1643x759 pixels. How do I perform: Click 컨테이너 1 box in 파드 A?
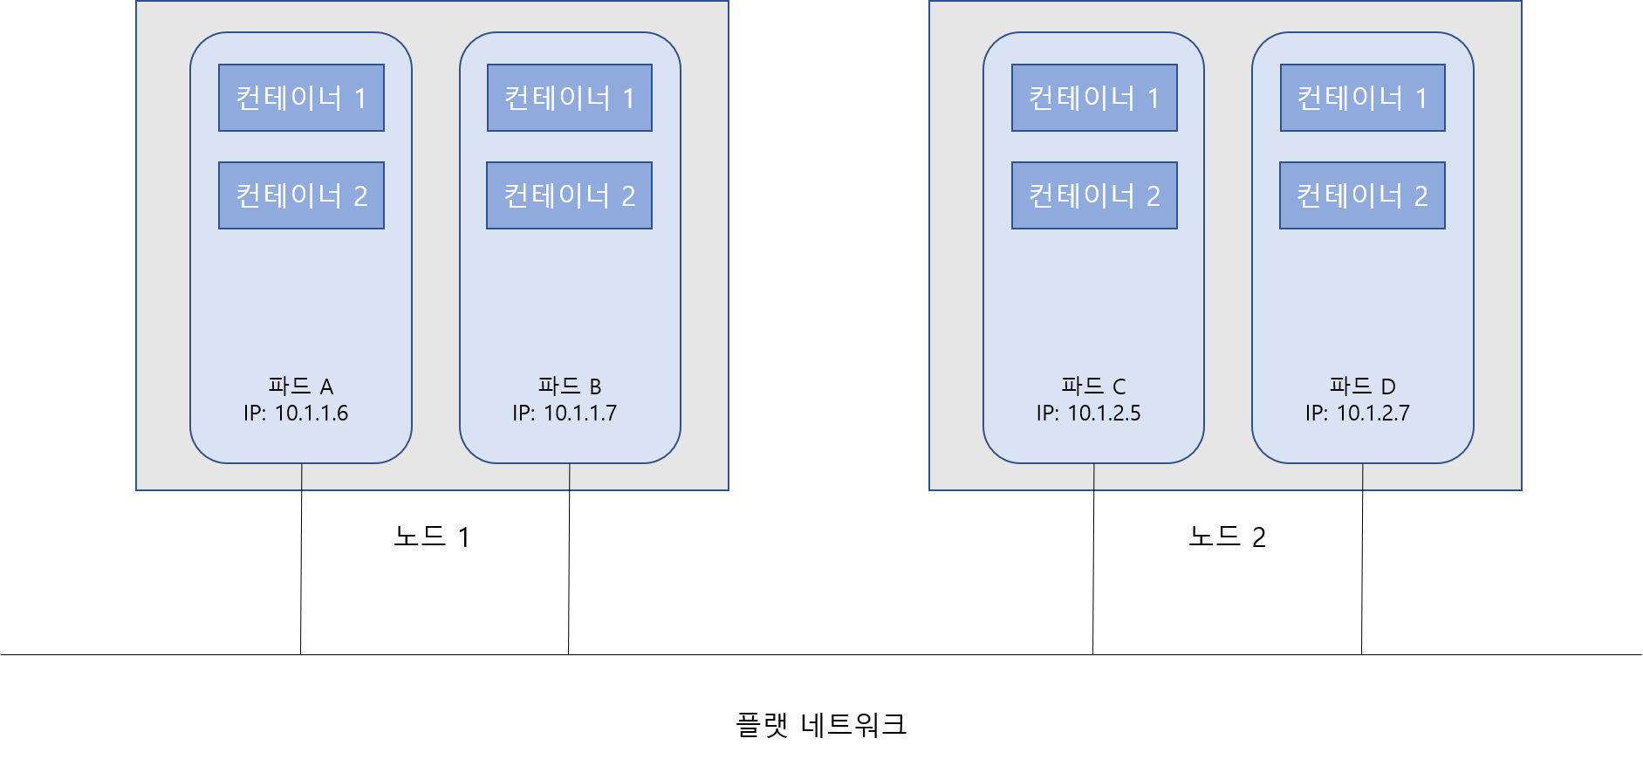click(301, 98)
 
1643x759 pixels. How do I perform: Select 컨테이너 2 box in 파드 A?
click(301, 195)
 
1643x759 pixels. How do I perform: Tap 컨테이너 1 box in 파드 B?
click(570, 98)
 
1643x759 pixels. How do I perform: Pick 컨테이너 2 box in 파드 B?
click(569, 195)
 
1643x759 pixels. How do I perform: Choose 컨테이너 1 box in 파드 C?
click(1094, 98)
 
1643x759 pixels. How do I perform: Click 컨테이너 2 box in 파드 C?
click(1094, 195)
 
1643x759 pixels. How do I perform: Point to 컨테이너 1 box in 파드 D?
click(1363, 98)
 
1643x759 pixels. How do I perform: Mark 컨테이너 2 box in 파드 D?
click(1362, 195)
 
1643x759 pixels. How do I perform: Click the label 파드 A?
click(301, 386)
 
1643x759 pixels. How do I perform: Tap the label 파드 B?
click(570, 386)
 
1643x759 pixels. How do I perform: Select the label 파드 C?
click(1093, 386)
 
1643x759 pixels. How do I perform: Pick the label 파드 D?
click(1362, 386)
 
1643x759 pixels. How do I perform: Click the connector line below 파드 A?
click(302, 477)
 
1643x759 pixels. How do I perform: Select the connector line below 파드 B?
click(570, 477)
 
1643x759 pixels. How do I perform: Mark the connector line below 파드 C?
click(1094, 477)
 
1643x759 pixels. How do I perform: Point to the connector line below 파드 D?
click(1363, 477)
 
